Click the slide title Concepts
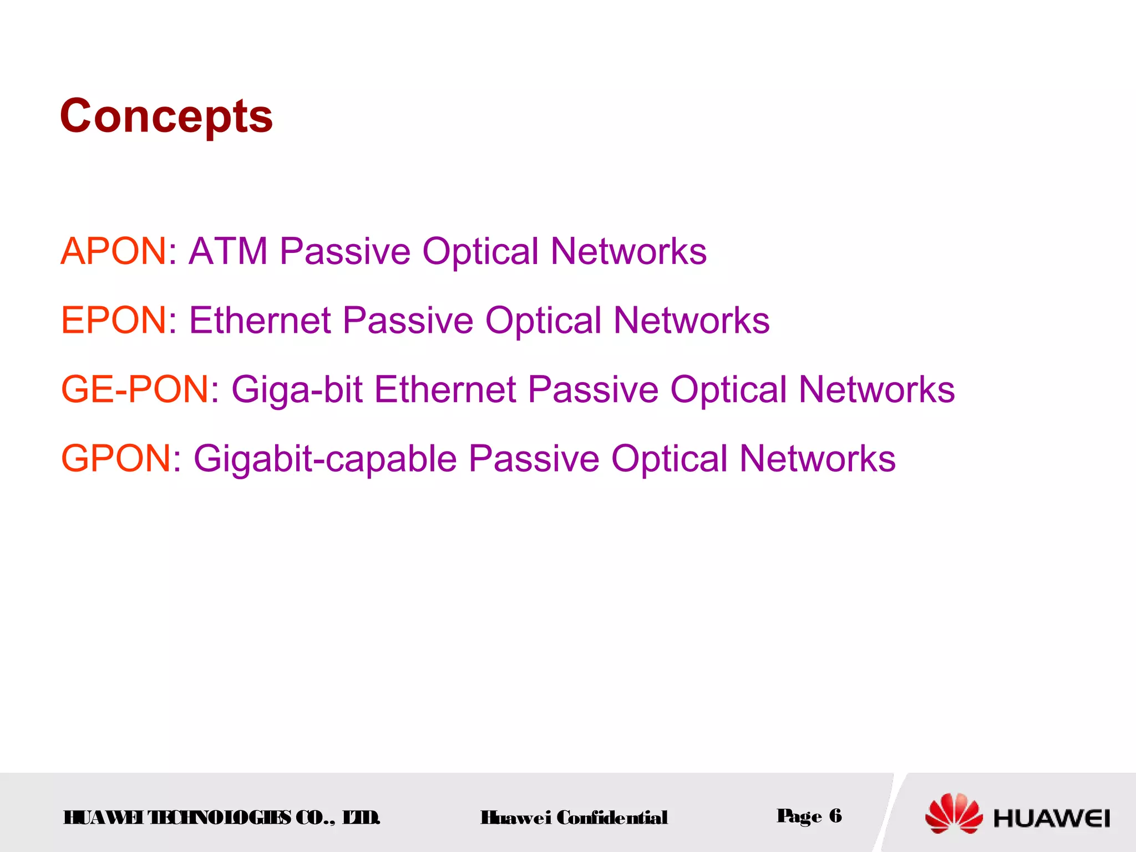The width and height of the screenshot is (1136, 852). click(166, 116)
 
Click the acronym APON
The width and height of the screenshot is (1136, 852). click(113, 251)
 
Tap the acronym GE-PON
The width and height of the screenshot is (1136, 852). click(135, 389)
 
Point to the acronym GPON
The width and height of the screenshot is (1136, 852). click(116, 459)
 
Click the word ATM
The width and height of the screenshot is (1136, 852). click(228, 251)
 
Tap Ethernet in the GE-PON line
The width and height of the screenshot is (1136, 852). click(445, 389)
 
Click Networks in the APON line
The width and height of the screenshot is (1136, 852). click(628, 251)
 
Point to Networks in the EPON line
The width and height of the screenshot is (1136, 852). click(691, 321)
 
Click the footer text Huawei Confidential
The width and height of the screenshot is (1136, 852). click(574, 818)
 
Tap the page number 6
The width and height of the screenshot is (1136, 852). click(835, 815)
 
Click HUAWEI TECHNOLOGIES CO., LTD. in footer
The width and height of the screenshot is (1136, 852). click(222, 818)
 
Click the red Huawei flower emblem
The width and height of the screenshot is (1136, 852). click(954, 814)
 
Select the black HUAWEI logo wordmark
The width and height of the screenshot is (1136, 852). click(1051, 819)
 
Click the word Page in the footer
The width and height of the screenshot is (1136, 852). click(799, 816)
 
